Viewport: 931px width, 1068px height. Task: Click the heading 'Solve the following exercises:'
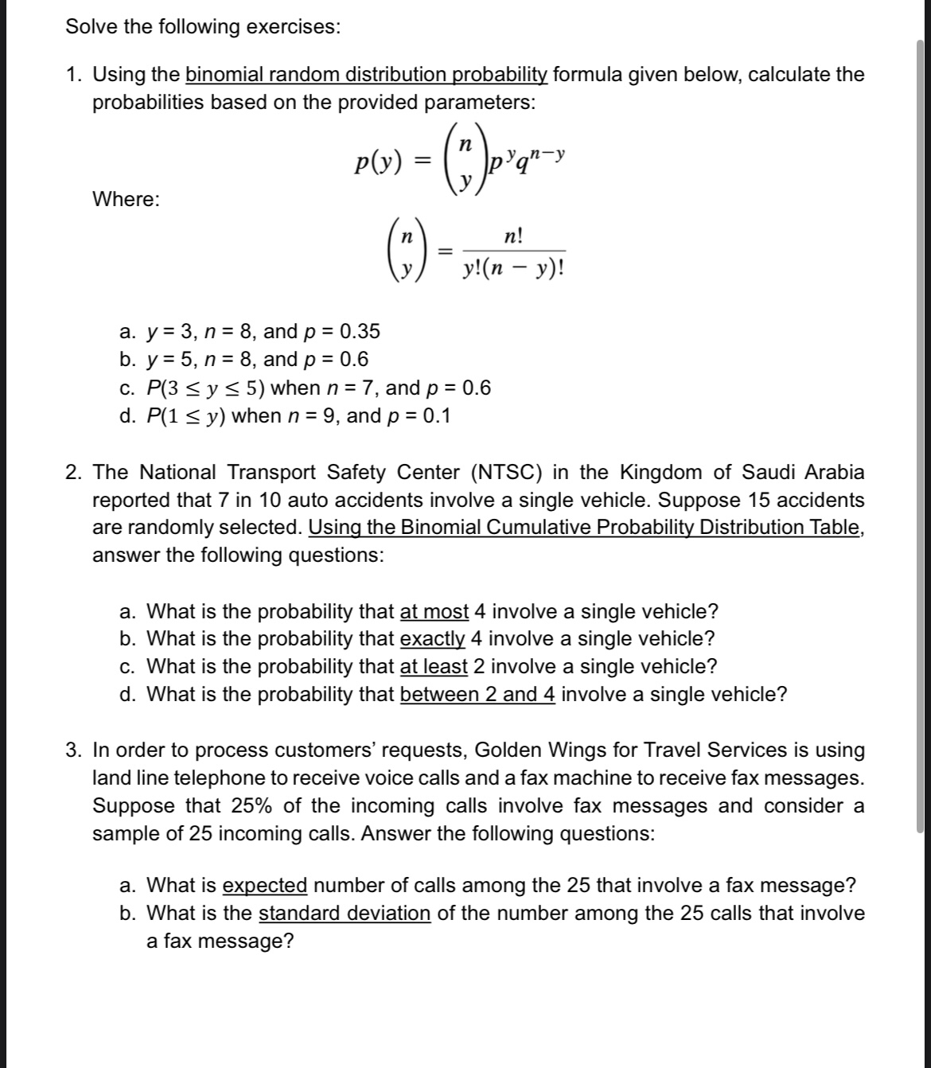pyautogui.click(x=203, y=27)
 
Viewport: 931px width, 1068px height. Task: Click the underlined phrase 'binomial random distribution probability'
pyautogui.click(x=366, y=75)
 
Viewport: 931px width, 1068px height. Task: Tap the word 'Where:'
pyautogui.click(x=126, y=199)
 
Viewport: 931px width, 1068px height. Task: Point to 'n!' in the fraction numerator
pyautogui.click(x=513, y=236)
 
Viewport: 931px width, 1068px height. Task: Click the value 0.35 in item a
pyautogui.click(x=360, y=331)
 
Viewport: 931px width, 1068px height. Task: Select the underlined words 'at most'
pyautogui.click(x=434, y=612)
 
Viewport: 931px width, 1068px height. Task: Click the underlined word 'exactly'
pyautogui.click(x=432, y=639)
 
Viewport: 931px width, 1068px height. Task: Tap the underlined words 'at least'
pyautogui.click(x=434, y=666)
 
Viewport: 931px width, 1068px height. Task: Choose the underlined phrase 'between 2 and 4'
pyautogui.click(x=477, y=694)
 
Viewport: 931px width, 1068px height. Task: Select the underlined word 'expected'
pyautogui.click(x=265, y=885)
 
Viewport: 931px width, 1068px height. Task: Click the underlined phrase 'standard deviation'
pyautogui.click(x=345, y=913)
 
